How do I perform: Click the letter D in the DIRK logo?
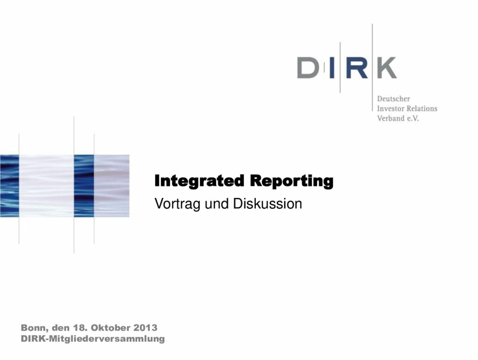click(x=308, y=68)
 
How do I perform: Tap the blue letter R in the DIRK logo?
click(x=357, y=68)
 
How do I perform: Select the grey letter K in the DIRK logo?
click(x=387, y=68)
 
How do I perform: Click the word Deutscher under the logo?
click(x=393, y=99)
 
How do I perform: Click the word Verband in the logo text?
click(x=391, y=118)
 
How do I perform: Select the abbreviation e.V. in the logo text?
click(x=413, y=119)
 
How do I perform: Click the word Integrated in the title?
click(x=199, y=181)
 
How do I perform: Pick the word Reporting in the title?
click(x=291, y=181)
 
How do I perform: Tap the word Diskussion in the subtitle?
click(x=267, y=204)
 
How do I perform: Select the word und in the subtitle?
click(x=217, y=204)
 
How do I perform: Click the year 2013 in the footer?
click(x=146, y=328)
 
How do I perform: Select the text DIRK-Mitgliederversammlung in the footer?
click(x=93, y=339)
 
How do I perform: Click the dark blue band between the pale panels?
click(x=84, y=186)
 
